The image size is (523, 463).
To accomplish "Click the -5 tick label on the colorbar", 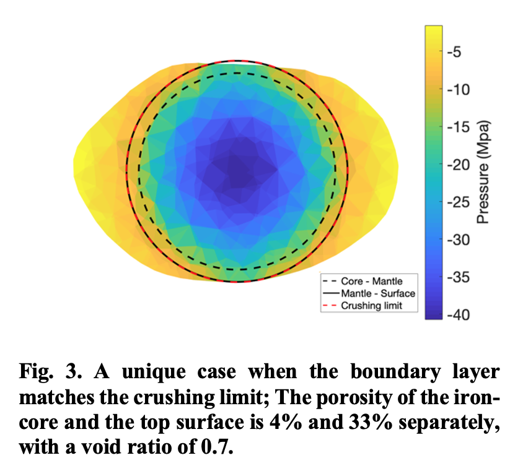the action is coord(454,51).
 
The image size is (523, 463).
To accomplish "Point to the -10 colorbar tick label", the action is coord(459,89).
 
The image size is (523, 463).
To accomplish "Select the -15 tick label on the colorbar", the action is coord(459,127).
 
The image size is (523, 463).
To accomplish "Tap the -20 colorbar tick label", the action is coord(459,165).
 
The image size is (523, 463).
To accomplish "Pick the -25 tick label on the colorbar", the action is coord(459,202).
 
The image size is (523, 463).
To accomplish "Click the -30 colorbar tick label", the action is coord(459,240).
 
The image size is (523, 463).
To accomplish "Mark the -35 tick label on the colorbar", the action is coord(459,277).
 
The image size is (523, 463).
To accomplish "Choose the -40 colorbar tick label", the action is coord(459,315).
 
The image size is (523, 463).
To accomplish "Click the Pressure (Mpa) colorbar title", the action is coord(483,172).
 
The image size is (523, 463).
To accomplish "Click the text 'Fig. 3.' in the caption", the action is coord(50,371).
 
